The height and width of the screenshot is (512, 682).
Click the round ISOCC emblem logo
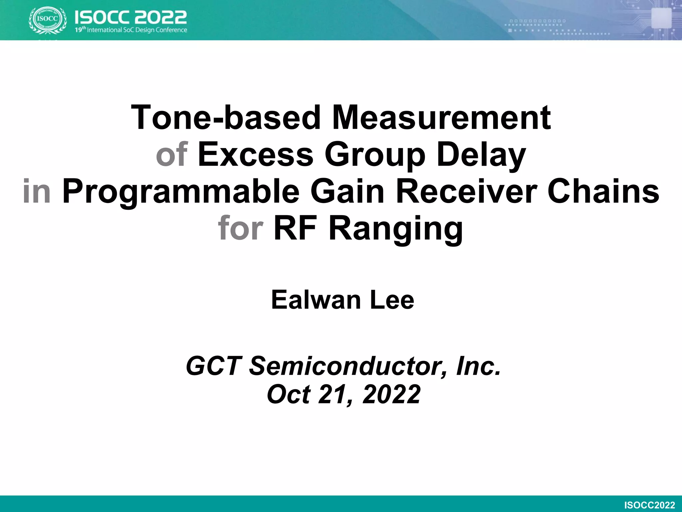(48, 20)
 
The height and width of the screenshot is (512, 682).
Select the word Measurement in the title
(442, 117)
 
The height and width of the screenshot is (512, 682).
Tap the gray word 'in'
(37, 191)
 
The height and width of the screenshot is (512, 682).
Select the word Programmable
(181, 191)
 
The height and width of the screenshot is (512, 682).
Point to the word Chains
(603, 191)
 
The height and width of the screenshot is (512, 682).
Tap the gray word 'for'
(240, 228)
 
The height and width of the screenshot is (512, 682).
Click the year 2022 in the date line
(391, 394)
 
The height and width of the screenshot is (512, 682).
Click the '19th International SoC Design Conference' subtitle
(131, 30)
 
